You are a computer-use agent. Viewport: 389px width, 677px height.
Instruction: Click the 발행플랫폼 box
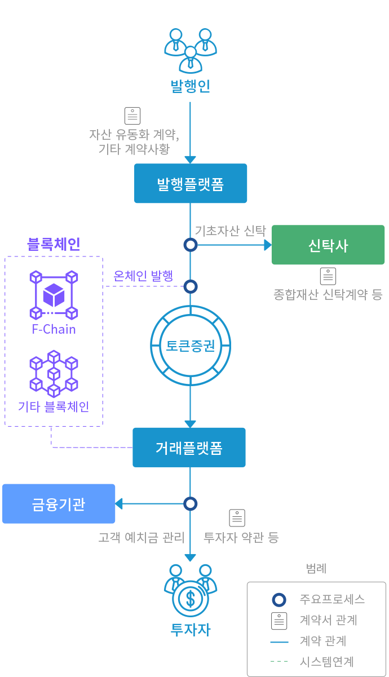tap(191, 183)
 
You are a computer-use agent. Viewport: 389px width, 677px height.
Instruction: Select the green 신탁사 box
tap(328, 245)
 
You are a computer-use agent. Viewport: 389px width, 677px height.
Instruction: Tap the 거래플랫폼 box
tap(189, 448)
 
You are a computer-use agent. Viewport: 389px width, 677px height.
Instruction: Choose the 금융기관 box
tap(59, 503)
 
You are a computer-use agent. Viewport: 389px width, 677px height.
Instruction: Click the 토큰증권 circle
tap(191, 345)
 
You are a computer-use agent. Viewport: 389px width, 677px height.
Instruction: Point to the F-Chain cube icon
tap(54, 294)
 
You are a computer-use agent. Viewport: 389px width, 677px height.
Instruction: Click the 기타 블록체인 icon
tap(54, 373)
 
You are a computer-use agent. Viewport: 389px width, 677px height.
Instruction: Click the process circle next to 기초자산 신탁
tap(191, 245)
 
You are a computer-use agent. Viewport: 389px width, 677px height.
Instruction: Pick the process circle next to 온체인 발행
tap(191, 286)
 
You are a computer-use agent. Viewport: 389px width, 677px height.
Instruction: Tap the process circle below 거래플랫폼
tap(191, 503)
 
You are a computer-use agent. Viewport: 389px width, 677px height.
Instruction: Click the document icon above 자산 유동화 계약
tap(132, 116)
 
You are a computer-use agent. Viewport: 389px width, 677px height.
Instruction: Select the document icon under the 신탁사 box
tap(328, 276)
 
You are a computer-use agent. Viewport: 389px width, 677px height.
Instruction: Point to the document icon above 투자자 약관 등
tap(237, 517)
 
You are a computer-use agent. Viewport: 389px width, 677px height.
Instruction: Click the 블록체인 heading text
tap(54, 244)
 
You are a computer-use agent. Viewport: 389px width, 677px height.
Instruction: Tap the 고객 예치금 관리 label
tap(142, 537)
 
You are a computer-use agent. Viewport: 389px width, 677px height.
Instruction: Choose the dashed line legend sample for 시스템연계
tap(279, 662)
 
